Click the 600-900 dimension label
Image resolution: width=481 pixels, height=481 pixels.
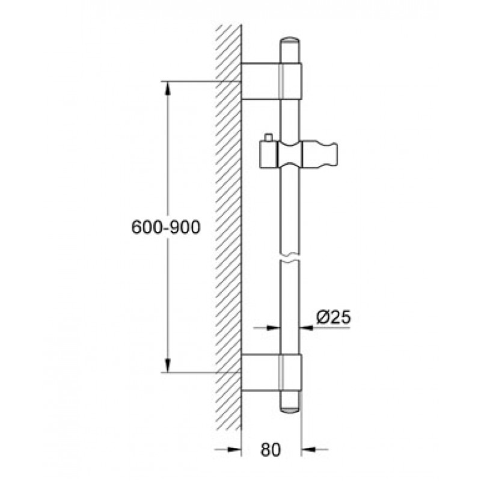pyautogui.click(x=166, y=227)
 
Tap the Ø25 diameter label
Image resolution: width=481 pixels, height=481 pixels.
pyautogui.click(x=334, y=317)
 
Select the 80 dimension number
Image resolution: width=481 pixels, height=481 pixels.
pyautogui.click(x=271, y=450)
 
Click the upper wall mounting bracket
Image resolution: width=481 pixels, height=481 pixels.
pyautogui.click(x=272, y=81)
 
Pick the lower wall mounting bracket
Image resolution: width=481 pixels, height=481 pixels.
pyautogui.click(x=271, y=373)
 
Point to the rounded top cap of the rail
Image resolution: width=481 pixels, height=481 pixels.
pyautogui.click(x=290, y=41)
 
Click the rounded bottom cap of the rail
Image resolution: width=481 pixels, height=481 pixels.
pyautogui.click(x=290, y=409)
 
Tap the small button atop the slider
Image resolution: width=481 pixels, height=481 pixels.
pyautogui.click(x=269, y=138)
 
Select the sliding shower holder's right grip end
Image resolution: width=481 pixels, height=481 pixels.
pyautogui.click(x=320, y=155)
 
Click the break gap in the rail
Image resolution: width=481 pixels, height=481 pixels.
pyautogui.click(x=290, y=258)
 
